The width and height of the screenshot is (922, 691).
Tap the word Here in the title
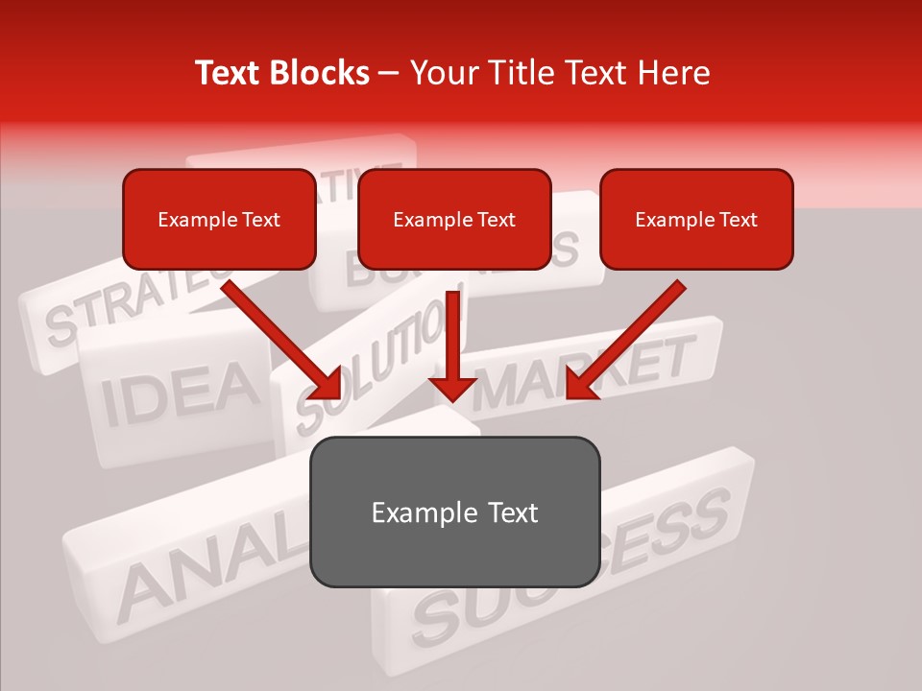point(671,73)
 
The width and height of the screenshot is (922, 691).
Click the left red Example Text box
point(219,220)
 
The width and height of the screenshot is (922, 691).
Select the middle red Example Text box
point(454,220)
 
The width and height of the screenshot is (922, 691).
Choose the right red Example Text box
point(696,220)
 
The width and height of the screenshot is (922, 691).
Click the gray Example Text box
point(454,512)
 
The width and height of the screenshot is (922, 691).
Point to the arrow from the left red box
point(279,336)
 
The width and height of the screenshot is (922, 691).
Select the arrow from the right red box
point(629,336)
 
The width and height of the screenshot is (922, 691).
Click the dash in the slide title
point(389,74)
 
